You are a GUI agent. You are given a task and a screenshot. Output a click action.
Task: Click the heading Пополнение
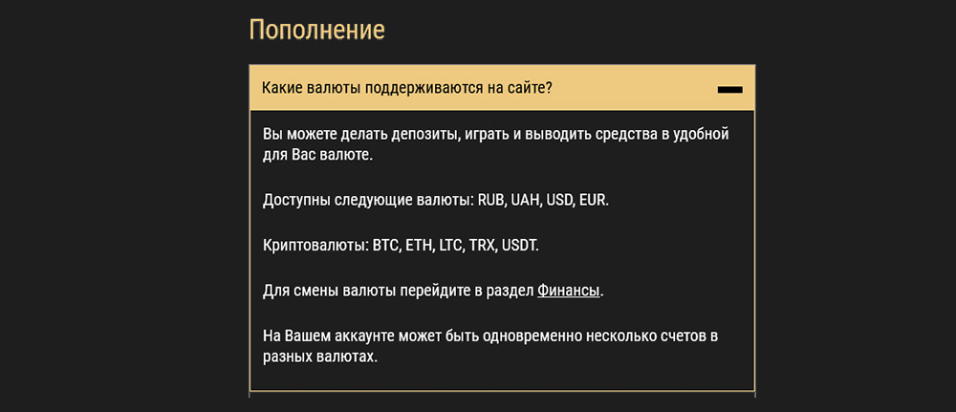pos(316,30)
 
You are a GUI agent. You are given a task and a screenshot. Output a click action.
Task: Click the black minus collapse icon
pos(729,89)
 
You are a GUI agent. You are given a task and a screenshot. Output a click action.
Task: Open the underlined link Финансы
pos(570,290)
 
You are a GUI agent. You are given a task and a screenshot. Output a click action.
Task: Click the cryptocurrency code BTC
pos(386,246)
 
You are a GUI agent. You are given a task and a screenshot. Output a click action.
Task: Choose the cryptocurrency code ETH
pos(420,246)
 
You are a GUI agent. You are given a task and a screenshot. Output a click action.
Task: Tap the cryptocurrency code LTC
pos(451,246)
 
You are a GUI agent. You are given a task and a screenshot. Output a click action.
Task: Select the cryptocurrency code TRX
pos(483,246)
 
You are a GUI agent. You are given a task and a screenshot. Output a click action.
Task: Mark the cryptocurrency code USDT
pos(520,246)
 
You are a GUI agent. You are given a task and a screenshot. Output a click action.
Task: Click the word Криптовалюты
pos(315,246)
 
